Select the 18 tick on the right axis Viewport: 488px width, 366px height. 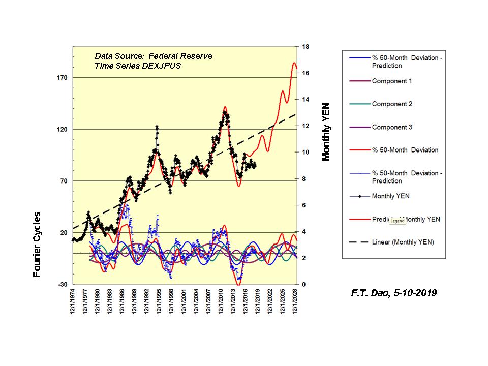306,47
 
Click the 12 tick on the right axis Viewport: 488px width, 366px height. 306,126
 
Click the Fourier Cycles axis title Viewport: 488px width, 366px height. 37,245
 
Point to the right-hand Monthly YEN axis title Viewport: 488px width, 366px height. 326,131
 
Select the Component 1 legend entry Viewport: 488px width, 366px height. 392,81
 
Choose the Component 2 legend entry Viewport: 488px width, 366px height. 392,104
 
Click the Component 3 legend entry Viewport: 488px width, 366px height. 392,127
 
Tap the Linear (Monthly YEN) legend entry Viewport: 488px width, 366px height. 403,242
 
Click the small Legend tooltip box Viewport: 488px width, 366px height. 398,221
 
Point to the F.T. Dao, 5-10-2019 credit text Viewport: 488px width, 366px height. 393,293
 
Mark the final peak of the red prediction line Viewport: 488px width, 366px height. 294,63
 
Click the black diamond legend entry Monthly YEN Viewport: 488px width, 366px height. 390,196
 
